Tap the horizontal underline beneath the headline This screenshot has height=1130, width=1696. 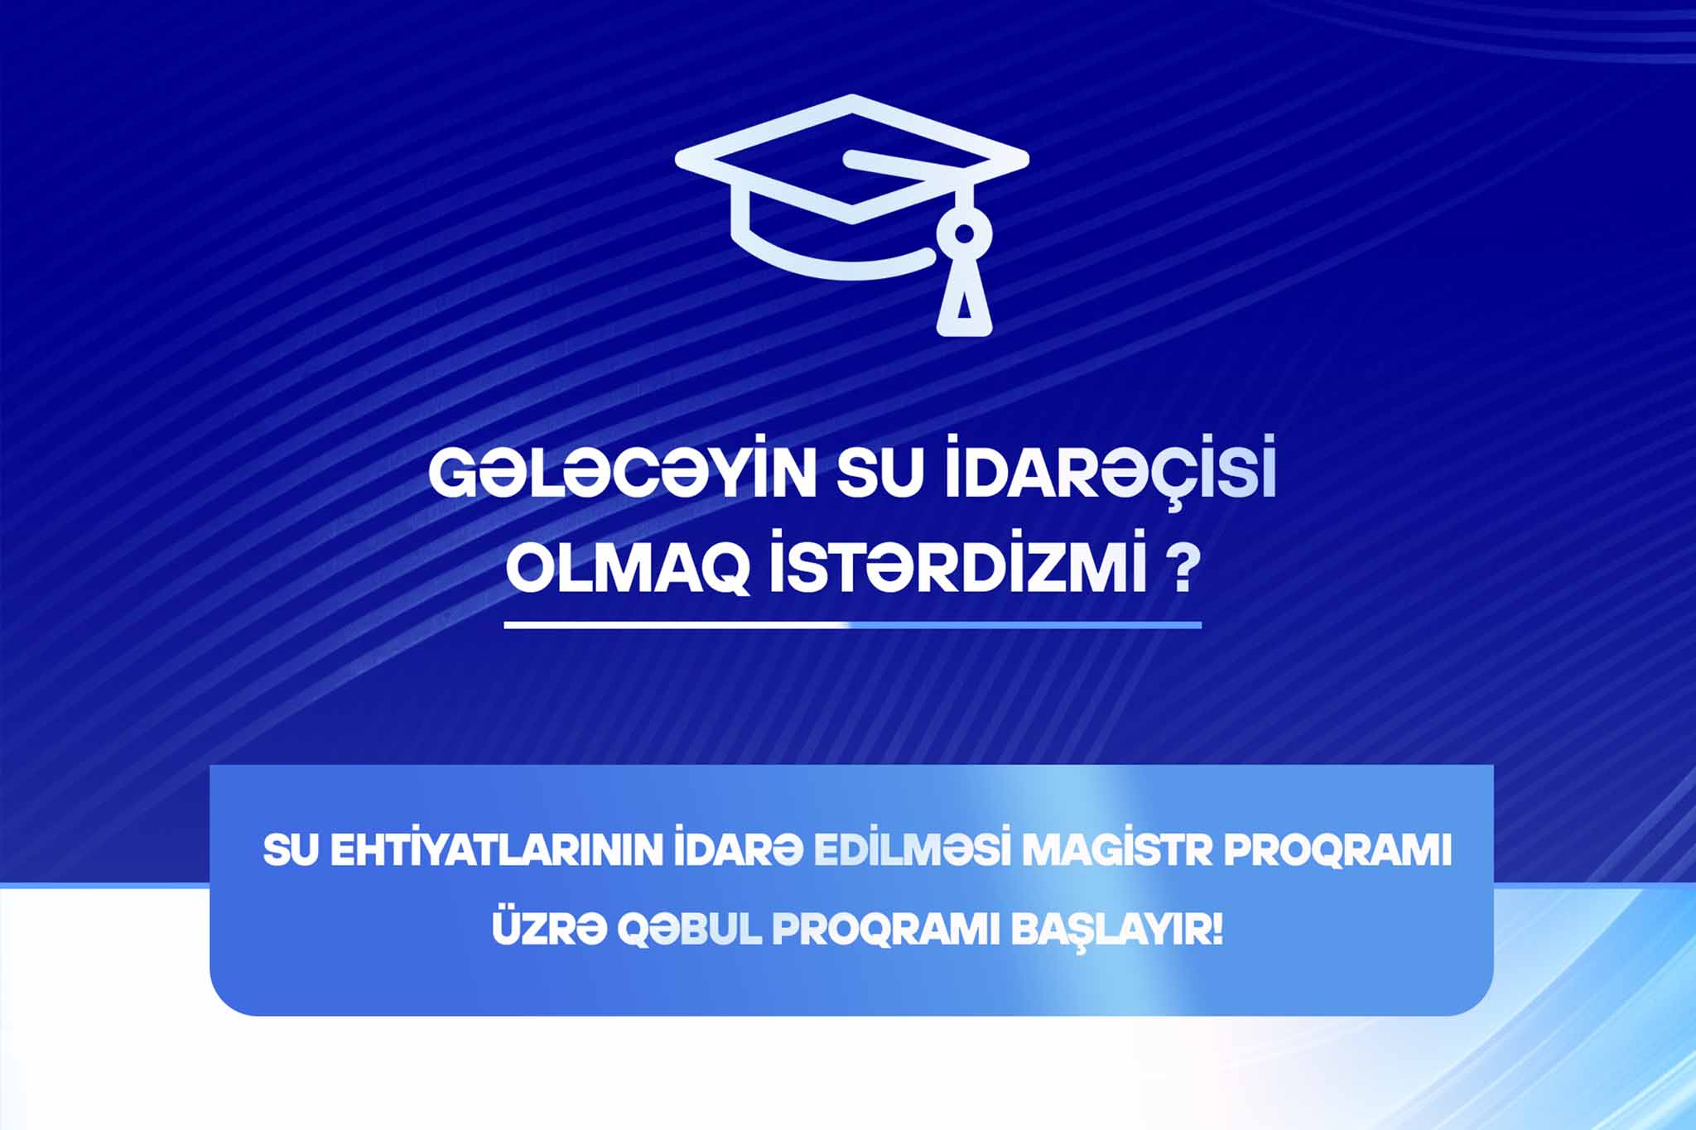[x=853, y=624]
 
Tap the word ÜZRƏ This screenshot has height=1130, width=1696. [x=547, y=930]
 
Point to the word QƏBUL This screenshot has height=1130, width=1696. [x=689, y=931]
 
